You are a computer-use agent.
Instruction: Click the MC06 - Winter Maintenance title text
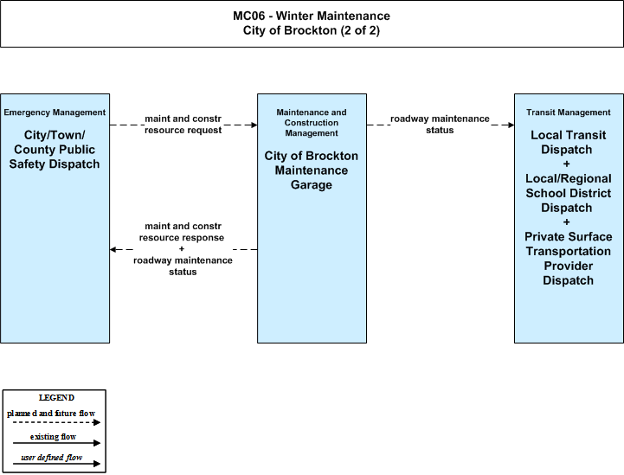[x=312, y=16]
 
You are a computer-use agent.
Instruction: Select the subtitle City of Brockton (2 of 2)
[x=312, y=30]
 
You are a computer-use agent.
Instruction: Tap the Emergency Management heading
[x=55, y=112]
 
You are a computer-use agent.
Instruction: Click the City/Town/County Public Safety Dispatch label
[x=55, y=150]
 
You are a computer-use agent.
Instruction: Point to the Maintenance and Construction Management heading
[x=312, y=123]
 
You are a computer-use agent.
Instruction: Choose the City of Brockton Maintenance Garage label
[x=312, y=170]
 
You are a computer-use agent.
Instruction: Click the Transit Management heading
[x=569, y=112]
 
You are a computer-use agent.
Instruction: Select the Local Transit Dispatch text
[x=569, y=143]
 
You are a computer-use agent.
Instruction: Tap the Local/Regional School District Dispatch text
[x=569, y=193]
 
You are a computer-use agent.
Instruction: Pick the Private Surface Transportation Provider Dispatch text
[x=569, y=259]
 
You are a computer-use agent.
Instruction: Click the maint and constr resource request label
[x=183, y=125]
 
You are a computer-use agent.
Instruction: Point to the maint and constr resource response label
[x=182, y=232]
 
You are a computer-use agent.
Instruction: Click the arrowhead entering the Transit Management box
[x=511, y=125]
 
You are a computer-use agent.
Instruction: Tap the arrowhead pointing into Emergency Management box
[x=113, y=249]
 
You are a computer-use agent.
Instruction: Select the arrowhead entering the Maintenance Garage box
[x=254, y=125]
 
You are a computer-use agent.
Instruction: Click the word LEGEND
[x=56, y=398]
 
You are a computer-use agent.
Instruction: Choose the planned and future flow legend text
[x=51, y=414]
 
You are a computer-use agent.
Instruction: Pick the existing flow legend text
[x=53, y=437]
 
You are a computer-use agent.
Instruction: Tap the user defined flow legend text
[x=52, y=458]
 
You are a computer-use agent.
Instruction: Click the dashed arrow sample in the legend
[x=56, y=422]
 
